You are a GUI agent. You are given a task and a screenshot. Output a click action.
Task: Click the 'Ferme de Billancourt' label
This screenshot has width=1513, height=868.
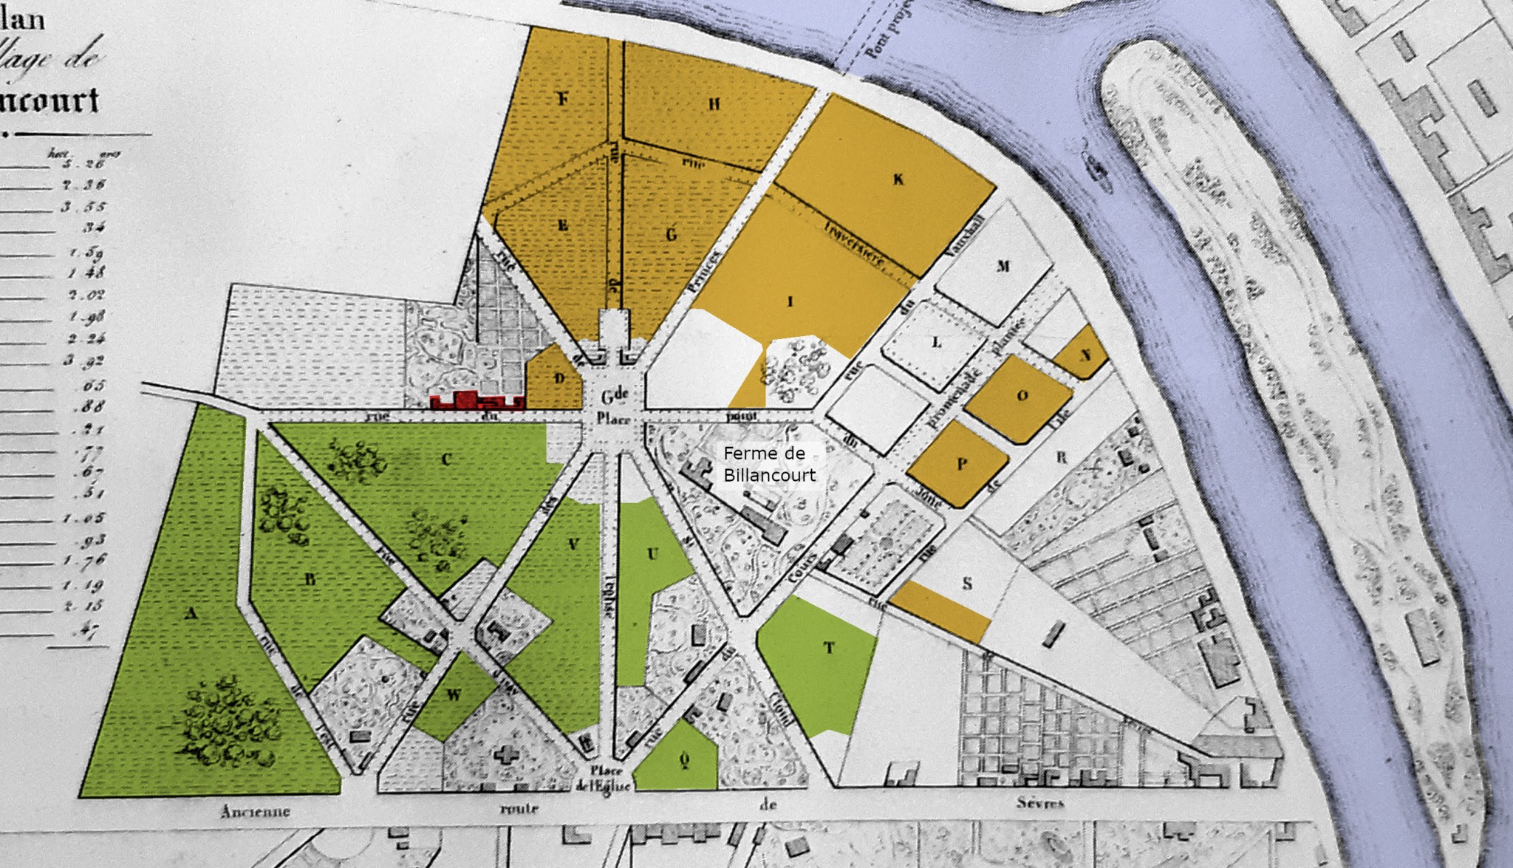tap(770, 464)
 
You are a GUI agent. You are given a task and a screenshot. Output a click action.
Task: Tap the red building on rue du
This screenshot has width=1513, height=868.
tap(477, 401)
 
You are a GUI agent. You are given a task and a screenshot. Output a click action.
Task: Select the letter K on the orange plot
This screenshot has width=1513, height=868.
tap(898, 180)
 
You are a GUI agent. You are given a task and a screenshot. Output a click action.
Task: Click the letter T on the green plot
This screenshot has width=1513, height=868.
tap(830, 648)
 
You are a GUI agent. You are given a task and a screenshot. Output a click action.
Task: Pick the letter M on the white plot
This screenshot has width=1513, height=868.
tap(1003, 266)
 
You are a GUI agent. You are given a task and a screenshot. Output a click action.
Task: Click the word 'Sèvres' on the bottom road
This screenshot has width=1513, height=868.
tap(1040, 802)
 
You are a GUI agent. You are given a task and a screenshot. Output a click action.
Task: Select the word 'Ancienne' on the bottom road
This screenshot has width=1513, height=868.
tap(256, 811)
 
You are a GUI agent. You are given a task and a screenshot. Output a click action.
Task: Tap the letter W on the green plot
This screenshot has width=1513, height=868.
tap(454, 694)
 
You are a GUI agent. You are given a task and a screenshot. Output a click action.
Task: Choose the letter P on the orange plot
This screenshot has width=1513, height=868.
tap(962, 464)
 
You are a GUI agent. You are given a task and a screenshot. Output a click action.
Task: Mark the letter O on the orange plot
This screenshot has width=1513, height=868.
tap(1022, 396)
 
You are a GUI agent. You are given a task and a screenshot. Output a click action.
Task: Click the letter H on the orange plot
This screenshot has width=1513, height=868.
tap(714, 105)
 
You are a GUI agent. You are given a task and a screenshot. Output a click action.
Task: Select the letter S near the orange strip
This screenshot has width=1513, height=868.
tap(967, 584)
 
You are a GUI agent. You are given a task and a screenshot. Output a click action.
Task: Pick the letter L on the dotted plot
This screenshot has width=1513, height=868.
tap(937, 343)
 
